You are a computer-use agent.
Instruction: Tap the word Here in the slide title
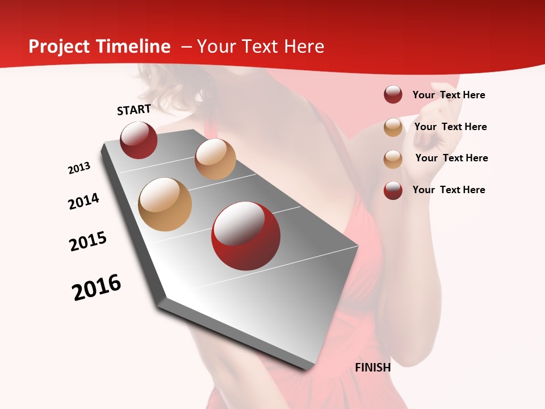304,47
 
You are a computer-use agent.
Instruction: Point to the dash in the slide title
186,47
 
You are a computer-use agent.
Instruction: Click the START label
134,110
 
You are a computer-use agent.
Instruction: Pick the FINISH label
372,368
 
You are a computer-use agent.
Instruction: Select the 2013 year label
79,168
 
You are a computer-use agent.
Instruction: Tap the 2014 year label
83,201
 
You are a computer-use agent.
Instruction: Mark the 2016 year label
97,287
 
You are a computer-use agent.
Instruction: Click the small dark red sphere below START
139,140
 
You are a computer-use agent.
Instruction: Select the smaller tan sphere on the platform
215,159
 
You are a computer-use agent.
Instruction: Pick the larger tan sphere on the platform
165,204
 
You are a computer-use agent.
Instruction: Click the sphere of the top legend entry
393,95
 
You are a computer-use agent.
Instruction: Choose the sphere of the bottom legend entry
393,190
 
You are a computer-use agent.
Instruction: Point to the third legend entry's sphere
393,159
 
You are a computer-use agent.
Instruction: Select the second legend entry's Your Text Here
450,127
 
